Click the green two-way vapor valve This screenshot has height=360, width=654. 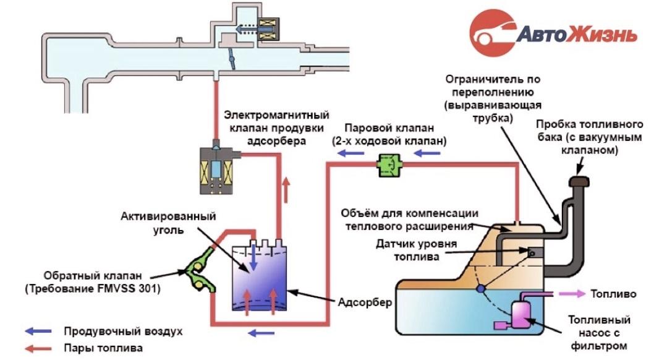(x=388, y=165)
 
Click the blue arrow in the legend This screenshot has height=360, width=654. (x=38, y=332)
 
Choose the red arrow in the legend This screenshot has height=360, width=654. (x=38, y=348)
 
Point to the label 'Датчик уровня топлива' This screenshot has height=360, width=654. (x=417, y=249)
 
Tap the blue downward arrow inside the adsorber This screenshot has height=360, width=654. (x=254, y=263)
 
